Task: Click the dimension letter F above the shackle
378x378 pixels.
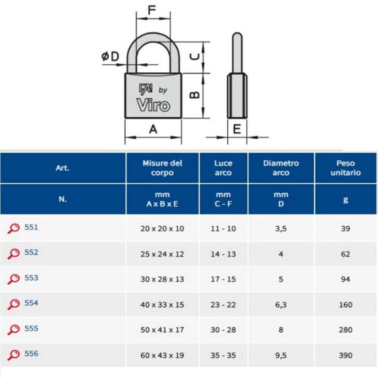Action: tap(152, 10)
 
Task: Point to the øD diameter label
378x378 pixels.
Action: tap(111, 56)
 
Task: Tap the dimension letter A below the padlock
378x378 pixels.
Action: tap(153, 129)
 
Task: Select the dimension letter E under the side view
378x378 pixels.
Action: tap(237, 129)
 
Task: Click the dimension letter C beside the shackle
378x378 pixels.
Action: tap(195, 57)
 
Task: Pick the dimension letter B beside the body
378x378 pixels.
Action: tap(195, 95)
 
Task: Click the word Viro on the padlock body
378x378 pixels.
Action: tap(153, 105)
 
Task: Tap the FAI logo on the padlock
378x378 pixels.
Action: tap(146, 89)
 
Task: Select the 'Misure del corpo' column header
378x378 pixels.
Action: tap(162, 168)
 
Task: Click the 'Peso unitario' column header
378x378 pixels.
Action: tap(345, 168)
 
